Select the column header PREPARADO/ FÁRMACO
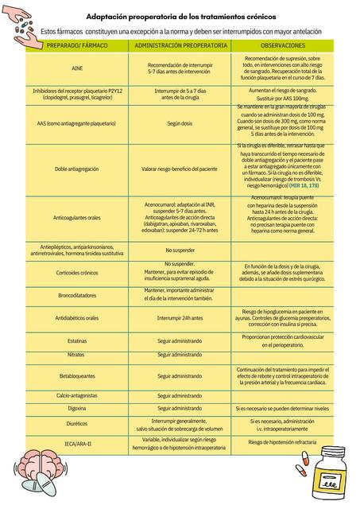tap(77, 47)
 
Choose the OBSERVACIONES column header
tap(283, 47)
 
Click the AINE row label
tap(77, 68)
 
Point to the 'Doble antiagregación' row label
tap(77, 169)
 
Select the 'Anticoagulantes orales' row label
tap(77, 216)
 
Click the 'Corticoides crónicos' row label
tap(77, 273)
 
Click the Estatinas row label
tap(77, 340)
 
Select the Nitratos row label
tap(77, 354)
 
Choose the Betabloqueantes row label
tap(77, 375)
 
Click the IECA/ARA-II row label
tap(77, 442)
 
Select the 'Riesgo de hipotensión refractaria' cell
tap(283, 442)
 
